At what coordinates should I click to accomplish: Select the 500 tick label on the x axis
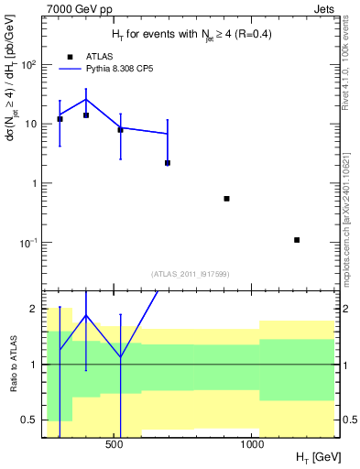(x=115, y=446)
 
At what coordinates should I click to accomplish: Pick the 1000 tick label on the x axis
(x=252, y=446)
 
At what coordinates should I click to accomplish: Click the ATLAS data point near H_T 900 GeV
(x=226, y=199)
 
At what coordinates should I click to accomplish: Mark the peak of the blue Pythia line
(x=86, y=100)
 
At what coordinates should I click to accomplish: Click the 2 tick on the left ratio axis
(x=33, y=309)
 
